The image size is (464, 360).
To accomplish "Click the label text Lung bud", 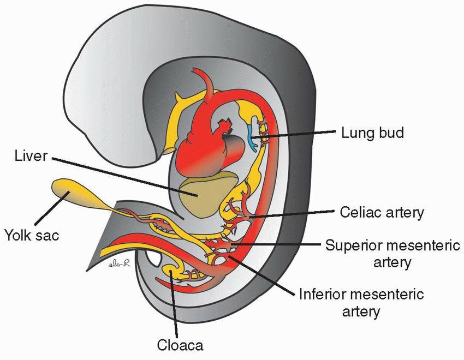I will [372, 133].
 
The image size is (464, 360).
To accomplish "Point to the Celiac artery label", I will [381, 212].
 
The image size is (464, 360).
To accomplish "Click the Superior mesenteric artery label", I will [392, 253].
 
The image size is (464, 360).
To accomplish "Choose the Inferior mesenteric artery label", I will [361, 303].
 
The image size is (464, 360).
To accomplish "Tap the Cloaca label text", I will [180, 345].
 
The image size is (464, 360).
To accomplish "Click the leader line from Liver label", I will [120, 175].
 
